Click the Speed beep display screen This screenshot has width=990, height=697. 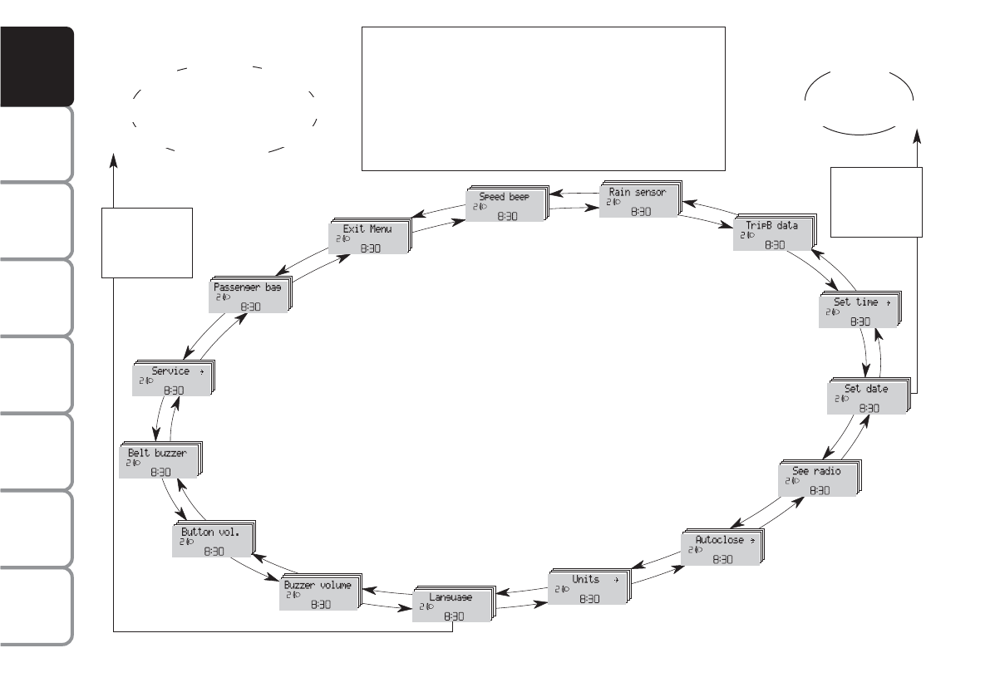(504, 204)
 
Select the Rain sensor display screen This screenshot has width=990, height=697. (638, 199)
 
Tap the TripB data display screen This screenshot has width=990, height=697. (771, 233)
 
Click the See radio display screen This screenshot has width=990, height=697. (816, 479)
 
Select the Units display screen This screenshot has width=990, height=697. (587, 588)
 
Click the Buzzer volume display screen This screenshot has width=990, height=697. (318, 594)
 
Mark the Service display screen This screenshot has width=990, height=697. (170, 380)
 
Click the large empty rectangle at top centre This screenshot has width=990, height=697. (544, 98)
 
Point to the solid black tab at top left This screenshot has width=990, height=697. (37, 66)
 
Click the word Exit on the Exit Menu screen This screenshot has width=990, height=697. (352, 228)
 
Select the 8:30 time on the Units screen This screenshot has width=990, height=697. (589, 598)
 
